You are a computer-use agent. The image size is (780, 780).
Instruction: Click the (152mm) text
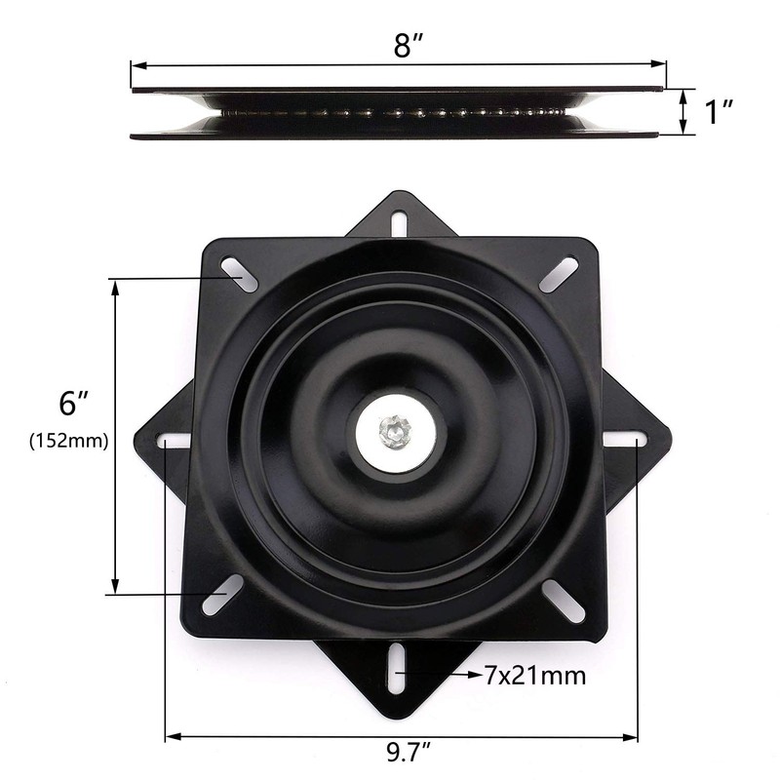coord(69,441)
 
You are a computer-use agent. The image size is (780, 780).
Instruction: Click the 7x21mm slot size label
coord(534,675)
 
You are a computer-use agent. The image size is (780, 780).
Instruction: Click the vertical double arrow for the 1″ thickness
coord(684,111)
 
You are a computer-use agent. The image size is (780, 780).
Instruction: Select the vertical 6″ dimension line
coord(116,437)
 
